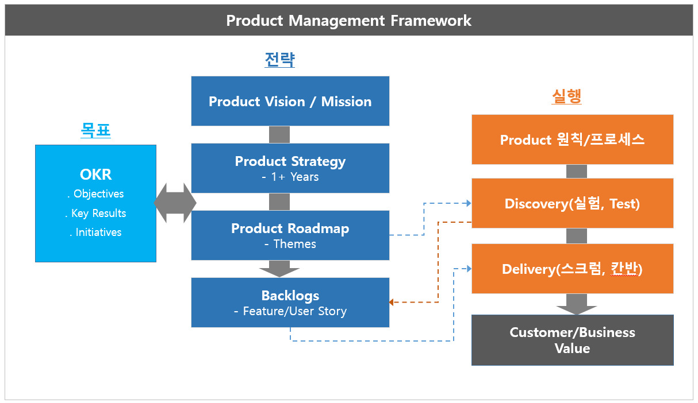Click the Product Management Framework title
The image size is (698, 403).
(348, 21)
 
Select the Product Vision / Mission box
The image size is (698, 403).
(290, 102)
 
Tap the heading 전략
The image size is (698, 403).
(280, 60)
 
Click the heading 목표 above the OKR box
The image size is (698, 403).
(95, 131)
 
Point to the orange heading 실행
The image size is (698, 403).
(566, 96)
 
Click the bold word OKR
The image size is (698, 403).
(95, 175)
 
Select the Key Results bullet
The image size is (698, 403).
(95, 213)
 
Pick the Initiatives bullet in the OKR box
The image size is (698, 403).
(95, 232)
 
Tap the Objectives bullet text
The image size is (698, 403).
(95, 194)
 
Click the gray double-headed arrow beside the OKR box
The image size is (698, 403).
(175, 203)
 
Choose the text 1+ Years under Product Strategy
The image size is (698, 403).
(290, 177)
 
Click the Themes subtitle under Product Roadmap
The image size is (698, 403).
(290, 244)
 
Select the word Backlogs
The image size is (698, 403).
(290, 296)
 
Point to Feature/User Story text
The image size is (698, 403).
(290, 312)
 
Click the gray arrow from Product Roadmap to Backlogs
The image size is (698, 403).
(279, 268)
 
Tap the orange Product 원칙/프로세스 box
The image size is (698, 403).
(572, 139)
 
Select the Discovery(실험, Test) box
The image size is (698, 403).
(572, 204)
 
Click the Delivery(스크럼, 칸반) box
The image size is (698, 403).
(572, 269)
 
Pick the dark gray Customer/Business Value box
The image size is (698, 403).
(572, 340)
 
